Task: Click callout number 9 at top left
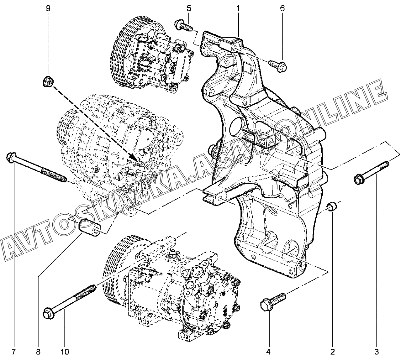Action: [x=48, y=8]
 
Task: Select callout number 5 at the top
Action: [x=189, y=8]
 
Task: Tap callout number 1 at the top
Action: [x=238, y=8]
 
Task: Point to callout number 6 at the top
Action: [x=282, y=8]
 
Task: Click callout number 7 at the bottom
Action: [x=13, y=352]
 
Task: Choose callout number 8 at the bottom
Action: [x=38, y=352]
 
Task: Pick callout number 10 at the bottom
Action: [x=65, y=352]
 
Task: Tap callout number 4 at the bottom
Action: [x=268, y=352]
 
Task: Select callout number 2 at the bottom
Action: [x=332, y=352]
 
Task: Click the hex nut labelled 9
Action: [x=48, y=81]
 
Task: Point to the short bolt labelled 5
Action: [x=183, y=25]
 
